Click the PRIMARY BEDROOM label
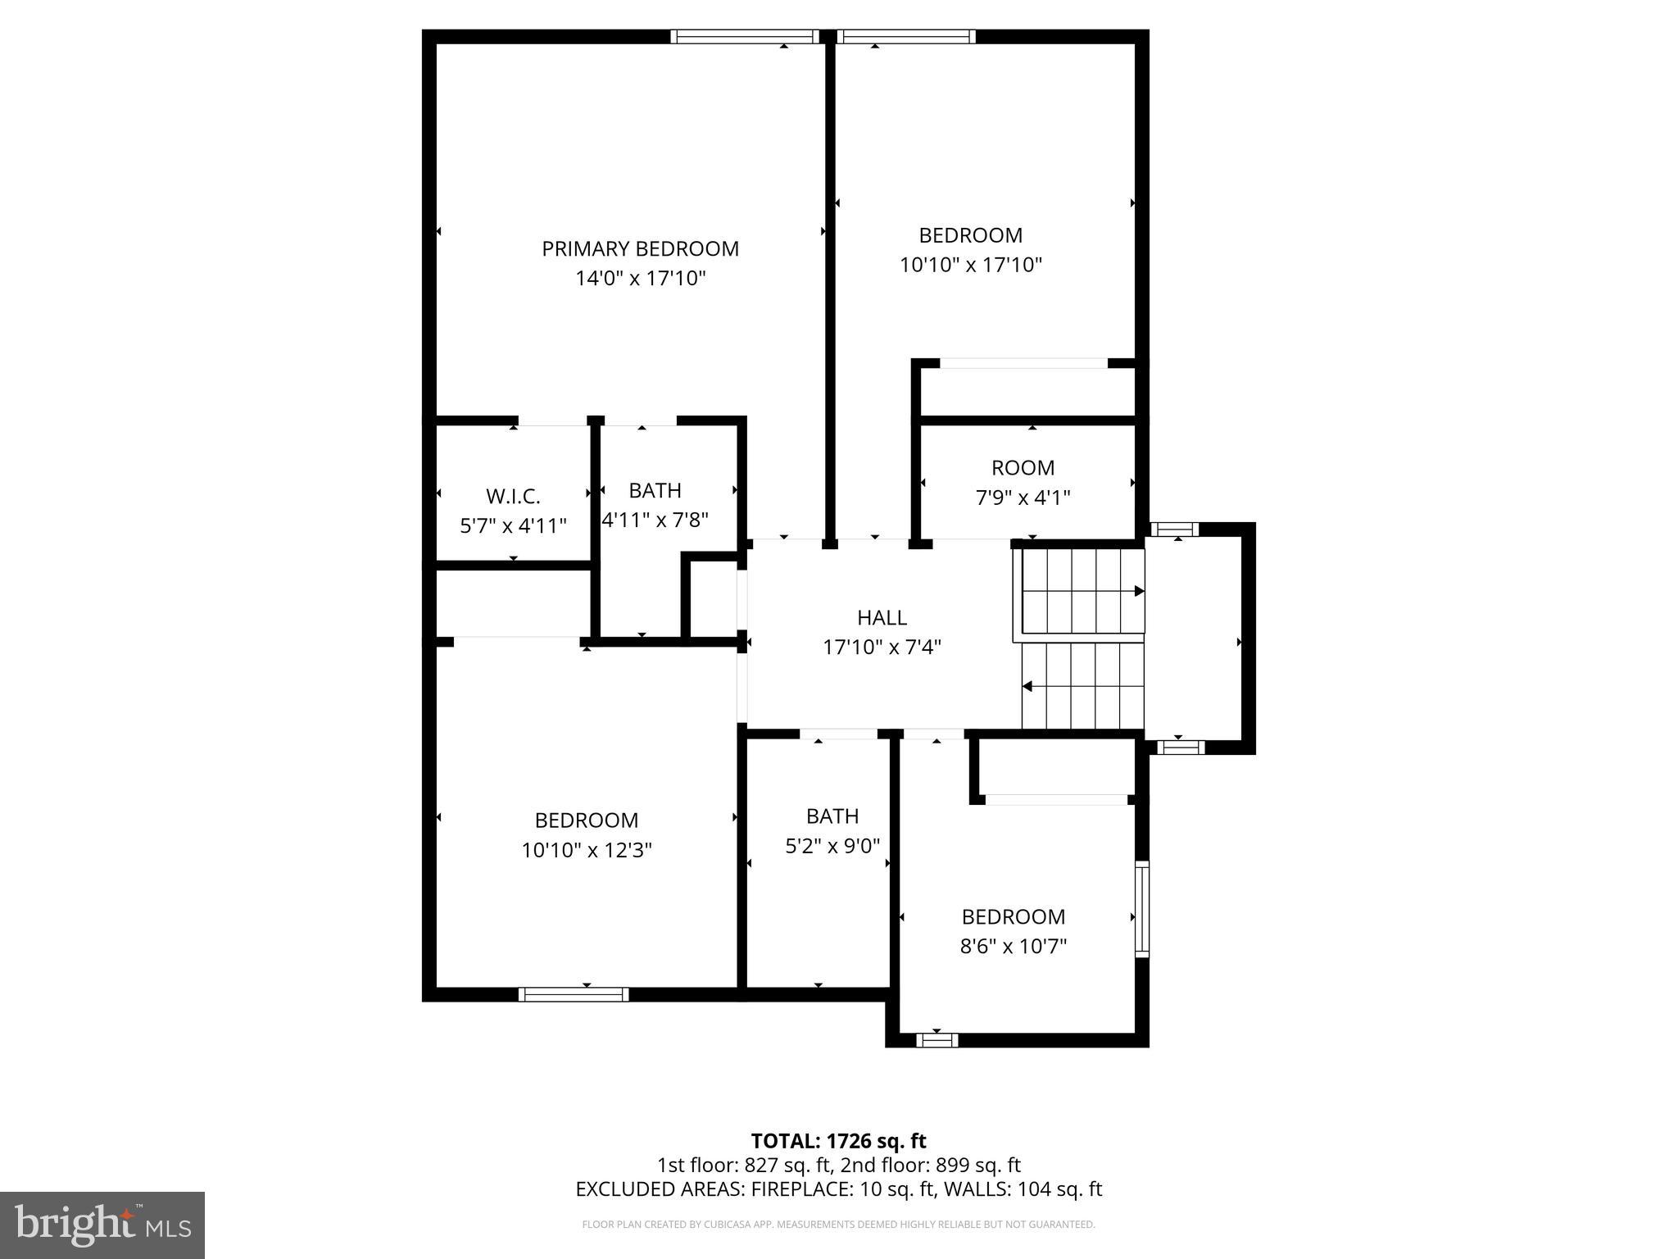pyautogui.click(x=640, y=248)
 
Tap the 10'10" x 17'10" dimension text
pyautogui.click(x=970, y=265)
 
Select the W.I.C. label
pyautogui.click(x=513, y=496)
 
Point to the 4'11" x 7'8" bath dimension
pyautogui.click(x=655, y=520)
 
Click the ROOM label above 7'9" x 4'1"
pyautogui.click(x=1023, y=468)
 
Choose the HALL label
pyautogui.click(x=882, y=617)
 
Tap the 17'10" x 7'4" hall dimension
pyautogui.click(x=882, y=648)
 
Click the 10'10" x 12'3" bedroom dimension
pyautogui.click(x=587, y=850)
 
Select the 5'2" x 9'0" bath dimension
pyautogui.click(x=832, y=846)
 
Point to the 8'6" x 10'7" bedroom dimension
pyautogui.click(x=1013, y=947)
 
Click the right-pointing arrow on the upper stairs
pyautogui.click(x=1138, y=590)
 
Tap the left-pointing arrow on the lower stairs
pyautogui.click(x=1027, y=686)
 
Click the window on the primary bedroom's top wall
pyautogui.click(x=744, y=36)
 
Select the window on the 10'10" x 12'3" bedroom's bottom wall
pyautogui.click(x=574, y=994)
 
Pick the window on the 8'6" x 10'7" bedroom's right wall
pyautogui.click(x=1141, y=908)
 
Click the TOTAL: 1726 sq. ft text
pyautogui.click(x=838, y=1141)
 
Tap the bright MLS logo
pyautogui.click(x=102, y=1225)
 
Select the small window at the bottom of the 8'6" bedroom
pyautogui.click(x=937, y=1040)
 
